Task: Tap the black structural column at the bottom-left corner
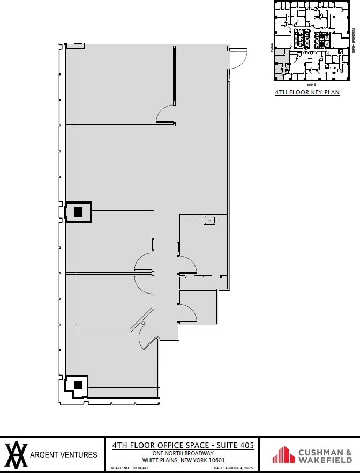tap(78, 385)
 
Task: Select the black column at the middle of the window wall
tap(78, 212)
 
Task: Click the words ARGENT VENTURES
tap(64, 455)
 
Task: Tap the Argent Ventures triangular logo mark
tap(16, 455)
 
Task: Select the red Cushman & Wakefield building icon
tap(283, 455)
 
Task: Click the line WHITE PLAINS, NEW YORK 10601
tap(183, 460)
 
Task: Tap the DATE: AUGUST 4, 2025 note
tap(232, 468)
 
